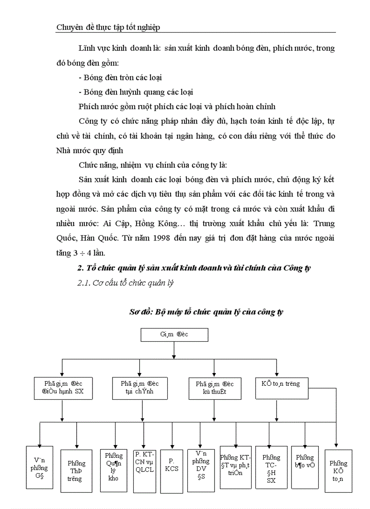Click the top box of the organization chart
coord(174,335)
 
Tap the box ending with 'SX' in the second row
coord(63,388)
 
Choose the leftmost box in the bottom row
coord(39,467)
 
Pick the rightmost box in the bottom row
coord(338,470)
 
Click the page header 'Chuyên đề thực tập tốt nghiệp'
coord(108,28)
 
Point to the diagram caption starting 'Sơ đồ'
coord(206,312)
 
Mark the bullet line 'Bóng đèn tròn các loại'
coord(120,78)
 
